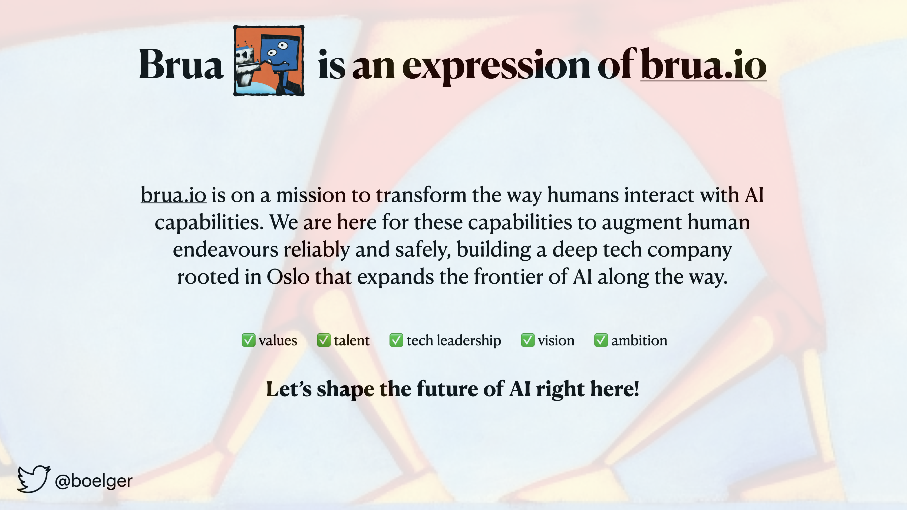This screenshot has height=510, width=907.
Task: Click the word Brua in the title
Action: [181, 64]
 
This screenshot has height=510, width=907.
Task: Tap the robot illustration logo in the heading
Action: [269, 61]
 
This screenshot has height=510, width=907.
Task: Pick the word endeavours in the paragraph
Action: [226, 249]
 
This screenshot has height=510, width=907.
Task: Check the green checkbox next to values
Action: [248, 340]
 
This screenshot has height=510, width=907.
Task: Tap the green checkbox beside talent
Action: [324, 340]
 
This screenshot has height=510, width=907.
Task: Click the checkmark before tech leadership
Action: [396, 340]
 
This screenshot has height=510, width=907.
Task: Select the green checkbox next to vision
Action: [527, 340]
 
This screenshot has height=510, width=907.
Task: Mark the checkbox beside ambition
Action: [601, 340]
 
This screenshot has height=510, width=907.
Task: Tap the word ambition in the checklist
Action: [639, 340]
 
